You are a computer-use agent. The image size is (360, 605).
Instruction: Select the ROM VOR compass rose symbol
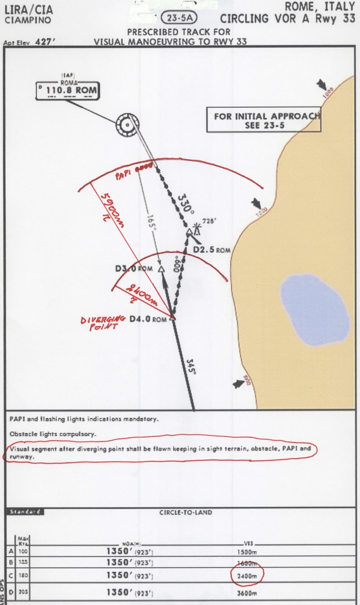click(128, 125)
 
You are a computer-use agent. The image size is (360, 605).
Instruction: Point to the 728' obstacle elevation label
click(208, 221)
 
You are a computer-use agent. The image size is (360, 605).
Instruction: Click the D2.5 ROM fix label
click(211, 250)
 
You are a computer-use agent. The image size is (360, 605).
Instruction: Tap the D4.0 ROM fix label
click(147, 319)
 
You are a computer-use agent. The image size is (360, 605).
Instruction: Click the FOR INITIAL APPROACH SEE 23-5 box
click(264, 121)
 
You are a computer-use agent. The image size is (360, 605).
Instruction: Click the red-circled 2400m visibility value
click(247, 576)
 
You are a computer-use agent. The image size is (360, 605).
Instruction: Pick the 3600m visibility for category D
click(247, 593)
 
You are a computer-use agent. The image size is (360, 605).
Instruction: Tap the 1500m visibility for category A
click(247, 552)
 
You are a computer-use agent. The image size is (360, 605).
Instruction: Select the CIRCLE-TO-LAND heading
click(185, 512)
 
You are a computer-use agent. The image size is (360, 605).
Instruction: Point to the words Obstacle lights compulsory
click(53, 434)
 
